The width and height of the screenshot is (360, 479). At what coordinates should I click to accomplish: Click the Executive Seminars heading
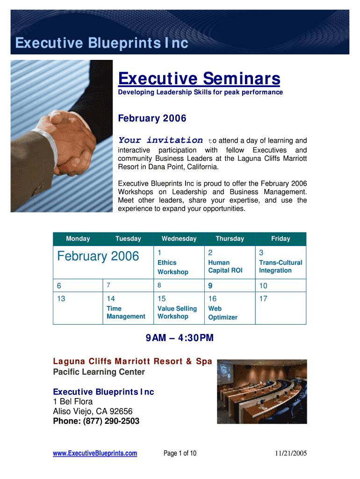coord(199,79)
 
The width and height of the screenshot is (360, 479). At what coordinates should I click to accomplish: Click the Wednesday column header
coord(179,239)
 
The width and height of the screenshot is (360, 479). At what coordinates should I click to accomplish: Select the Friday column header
coord(281,239)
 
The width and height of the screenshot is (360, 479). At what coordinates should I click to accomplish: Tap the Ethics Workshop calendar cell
coord(179,262)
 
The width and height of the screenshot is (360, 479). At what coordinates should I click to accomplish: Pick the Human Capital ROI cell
coord(230,262)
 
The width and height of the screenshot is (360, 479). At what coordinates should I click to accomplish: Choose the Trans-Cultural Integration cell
coord(281,262)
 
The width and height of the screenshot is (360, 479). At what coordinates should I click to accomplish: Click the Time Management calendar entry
coord(126,312)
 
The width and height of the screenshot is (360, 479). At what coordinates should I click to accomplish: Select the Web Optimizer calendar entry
coord(223,313)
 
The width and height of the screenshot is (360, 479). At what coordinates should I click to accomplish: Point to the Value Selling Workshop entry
coord(177,312)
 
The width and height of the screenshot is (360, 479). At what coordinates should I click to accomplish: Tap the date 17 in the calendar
coord(263,299)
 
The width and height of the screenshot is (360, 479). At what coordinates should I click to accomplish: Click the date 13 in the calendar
coord(61,299)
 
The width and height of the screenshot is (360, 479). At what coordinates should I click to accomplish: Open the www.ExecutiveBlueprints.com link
coord(95,453)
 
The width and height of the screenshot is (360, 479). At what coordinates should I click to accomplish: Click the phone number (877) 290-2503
coord(111,421)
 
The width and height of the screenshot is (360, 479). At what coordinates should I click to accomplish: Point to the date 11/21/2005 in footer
coord(291,453)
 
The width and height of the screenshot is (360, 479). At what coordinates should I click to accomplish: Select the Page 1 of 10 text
coord(180,453)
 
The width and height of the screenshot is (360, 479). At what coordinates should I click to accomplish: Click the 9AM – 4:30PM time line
coord(180,338)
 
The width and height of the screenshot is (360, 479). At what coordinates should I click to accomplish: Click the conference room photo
coord(262,392)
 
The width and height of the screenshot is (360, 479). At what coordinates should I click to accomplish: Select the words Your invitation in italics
coord(160,140)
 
